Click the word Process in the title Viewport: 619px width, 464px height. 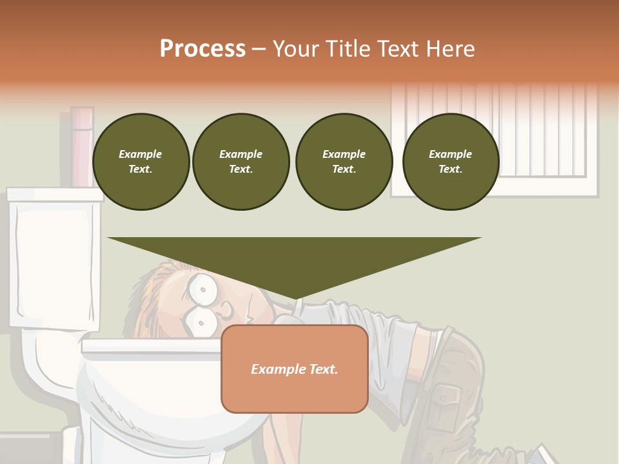[202, 49]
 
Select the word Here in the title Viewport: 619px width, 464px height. [450, 49]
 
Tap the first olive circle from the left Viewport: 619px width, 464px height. [141, 162]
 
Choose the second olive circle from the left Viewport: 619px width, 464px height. [241, 162]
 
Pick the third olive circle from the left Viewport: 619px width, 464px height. [344, 162]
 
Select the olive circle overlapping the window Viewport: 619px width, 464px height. [451, 162]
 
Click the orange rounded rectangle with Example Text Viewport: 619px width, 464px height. [295, 369]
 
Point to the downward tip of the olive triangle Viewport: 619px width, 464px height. [295, 298]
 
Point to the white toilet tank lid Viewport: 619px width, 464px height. [55, 194]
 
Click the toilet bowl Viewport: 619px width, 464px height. [148, 400]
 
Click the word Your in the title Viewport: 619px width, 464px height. [295, 49]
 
